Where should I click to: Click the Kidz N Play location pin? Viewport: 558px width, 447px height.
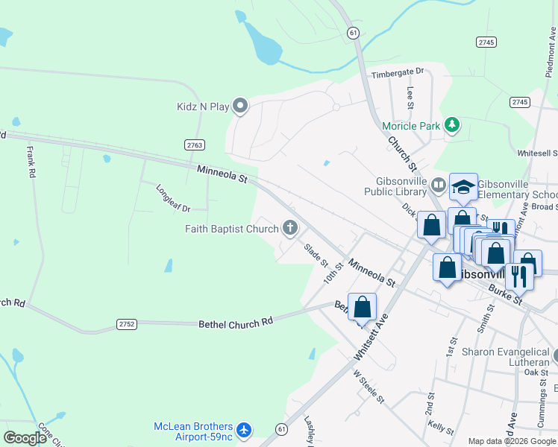click(240, 107)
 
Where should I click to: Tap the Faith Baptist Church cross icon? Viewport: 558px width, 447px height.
click(289, 229)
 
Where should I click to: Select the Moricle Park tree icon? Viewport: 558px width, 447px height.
click(451, 125)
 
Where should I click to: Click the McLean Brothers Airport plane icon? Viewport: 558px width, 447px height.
click(243, 430)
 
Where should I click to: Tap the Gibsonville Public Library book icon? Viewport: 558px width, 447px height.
click(438, 184)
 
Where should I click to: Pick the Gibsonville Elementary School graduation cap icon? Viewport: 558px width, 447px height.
click(463, 187)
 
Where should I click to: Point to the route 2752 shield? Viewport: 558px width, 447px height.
click(127, 323)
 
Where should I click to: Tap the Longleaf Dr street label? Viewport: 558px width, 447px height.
click(173, 197)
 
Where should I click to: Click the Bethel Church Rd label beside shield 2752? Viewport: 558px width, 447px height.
click(236, 323)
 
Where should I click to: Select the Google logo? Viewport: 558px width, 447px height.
click(25, 438)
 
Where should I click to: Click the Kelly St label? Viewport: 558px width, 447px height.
click(441, 427)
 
